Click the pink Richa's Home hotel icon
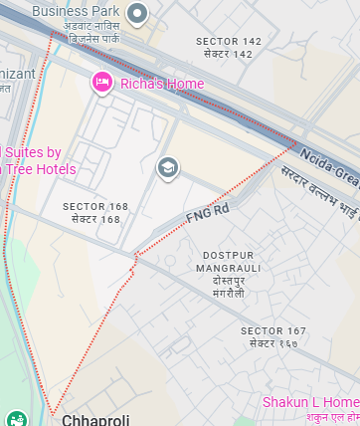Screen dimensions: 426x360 101,83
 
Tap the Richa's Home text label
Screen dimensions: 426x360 161,84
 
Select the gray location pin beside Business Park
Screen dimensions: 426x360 137,13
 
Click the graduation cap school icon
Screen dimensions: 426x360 168,167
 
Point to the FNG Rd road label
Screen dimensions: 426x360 208,212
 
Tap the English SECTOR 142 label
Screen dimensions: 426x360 229,41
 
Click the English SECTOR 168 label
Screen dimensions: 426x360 95,206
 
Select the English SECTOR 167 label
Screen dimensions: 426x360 273,329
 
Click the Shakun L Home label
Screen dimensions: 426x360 310,402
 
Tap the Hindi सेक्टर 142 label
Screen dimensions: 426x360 229,54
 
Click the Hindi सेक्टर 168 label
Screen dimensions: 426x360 95,219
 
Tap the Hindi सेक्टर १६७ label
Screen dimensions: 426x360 273,342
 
